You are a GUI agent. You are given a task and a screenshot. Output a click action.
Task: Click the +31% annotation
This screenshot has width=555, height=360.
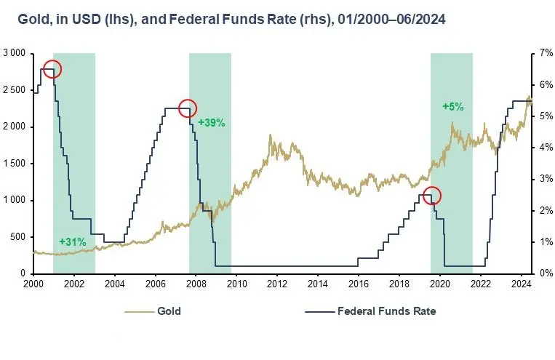[73, 242]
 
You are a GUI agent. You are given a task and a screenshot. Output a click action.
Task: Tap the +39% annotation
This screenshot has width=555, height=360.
[212, 123]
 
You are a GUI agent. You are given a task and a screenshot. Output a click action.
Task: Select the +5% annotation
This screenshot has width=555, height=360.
[453, 107]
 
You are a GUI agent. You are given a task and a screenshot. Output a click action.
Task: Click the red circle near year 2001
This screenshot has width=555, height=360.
[52, 60]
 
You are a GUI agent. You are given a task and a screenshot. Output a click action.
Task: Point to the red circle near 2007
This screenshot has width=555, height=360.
[188, 100]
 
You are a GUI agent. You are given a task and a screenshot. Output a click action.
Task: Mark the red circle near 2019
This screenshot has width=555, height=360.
[432, 187]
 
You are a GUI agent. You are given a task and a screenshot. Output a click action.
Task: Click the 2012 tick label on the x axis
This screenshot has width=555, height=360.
[277, 284]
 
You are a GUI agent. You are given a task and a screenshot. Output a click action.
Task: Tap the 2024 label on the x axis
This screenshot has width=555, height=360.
[522, 284]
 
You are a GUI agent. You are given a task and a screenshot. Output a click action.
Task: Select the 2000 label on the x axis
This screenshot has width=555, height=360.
[33, 284]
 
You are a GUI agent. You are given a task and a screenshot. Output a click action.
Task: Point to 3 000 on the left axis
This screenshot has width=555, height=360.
[15, 53]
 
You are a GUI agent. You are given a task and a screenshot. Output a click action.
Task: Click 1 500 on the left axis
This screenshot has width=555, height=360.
[15, 164]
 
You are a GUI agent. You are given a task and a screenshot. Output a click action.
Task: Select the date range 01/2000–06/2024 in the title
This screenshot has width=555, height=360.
[391, 19]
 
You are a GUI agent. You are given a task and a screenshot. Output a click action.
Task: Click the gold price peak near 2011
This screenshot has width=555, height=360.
[271, 135]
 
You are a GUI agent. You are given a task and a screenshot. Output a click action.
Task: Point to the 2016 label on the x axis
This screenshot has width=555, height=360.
[359, 284]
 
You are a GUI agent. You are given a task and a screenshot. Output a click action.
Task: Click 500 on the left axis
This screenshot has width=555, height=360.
[18, 237]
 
